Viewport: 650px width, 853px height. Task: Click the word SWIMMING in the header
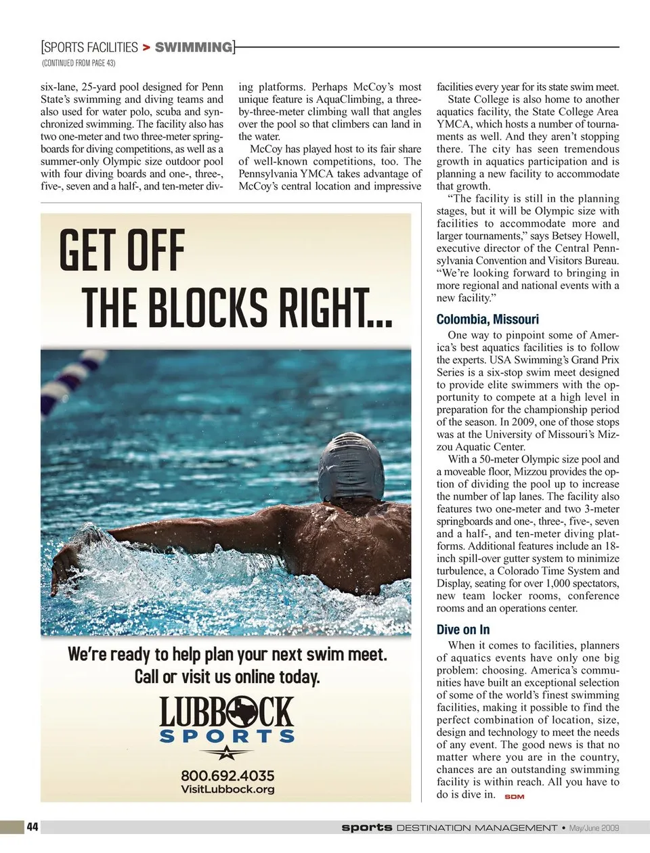pyautogui.click(x=193, y=47)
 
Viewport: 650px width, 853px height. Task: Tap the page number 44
pyautogui.click(x=32, y=827)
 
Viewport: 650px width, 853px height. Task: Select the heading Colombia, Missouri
pyautogui.click(x=487, y=320)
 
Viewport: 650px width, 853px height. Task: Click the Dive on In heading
pyautogui.click(x=463, y=630)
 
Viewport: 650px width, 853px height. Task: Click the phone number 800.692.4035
pyautogui.click(x=227, y=775)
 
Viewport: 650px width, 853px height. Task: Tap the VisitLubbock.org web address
pyautogui.click(x=227, y=789)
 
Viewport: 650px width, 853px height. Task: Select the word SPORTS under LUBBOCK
pyautogui.click(x=227, y=736)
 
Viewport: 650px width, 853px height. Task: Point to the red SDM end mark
pyautogui.click(x=515, y=796)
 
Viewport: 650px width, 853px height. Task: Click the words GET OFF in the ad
pyautogui.click(x=122, y=250)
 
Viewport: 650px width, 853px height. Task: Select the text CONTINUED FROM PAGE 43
pyautogui.click(x=79, y=63)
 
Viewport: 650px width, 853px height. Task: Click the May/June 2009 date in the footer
pyautogui.click(x=594, y=827)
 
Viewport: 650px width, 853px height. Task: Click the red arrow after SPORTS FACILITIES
pyautogui.click(x=146, y=47)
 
